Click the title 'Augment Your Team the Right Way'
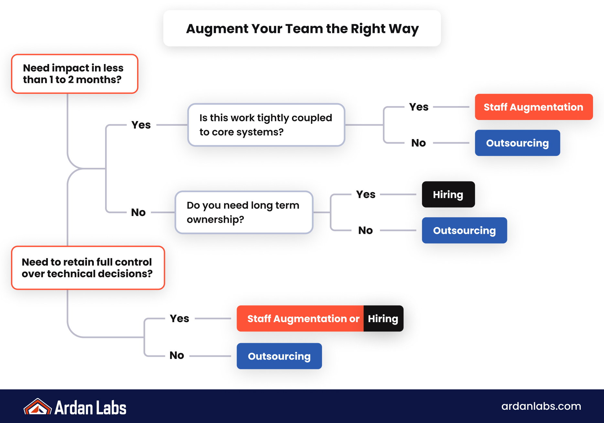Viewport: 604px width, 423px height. pyautogui.click(x=302, y=28)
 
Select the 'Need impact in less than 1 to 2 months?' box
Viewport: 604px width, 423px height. pyautogui.click(x=75, y=74)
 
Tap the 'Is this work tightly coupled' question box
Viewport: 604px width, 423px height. pyautogui.click(x=266, y=125)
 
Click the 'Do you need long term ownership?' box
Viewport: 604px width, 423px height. pyautogui.click(x=244, y=212)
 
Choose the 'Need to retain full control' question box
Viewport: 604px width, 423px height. pyautogui.click(x=88, y=268)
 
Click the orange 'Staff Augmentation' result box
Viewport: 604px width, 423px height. pyautogui.click(x=534, y=107)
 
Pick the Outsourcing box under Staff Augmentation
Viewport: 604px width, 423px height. pyautogui.click(x=517, y=143)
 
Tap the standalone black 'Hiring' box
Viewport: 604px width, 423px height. pyautogui.click(x=448, y=194)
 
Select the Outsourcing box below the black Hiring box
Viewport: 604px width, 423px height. pyautogui.click(x=464, y=230)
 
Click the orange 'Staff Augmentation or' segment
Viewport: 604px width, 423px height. pyautogui.click(x=300, y=319)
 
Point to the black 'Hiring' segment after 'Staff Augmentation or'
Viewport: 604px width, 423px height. pyautogui.click(x=383, y=319)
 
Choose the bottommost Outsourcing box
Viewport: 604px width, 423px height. pyautogui.click(x=279, y=356)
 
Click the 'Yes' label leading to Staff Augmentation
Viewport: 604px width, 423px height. pyautogui.click(x=419, y=107)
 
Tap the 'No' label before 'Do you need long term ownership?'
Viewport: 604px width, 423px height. pyautogui.click(x=138, y=212)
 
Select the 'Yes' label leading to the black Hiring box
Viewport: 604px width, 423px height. pyautogui.click(x=366, y=194)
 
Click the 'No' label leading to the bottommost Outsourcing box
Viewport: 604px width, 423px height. pyautogui.click(x=177, y=355)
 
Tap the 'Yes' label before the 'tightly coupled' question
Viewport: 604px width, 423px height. pyautogui.click(x=141, y=125)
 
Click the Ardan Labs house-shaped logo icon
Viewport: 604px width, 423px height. pyautogui.click(x=38, y=407)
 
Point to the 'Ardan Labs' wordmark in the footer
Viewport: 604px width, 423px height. pyautogui.click(x=91, y=407)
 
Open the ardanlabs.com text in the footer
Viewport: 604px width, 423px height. pyautogui.click(x=541, y=406)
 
